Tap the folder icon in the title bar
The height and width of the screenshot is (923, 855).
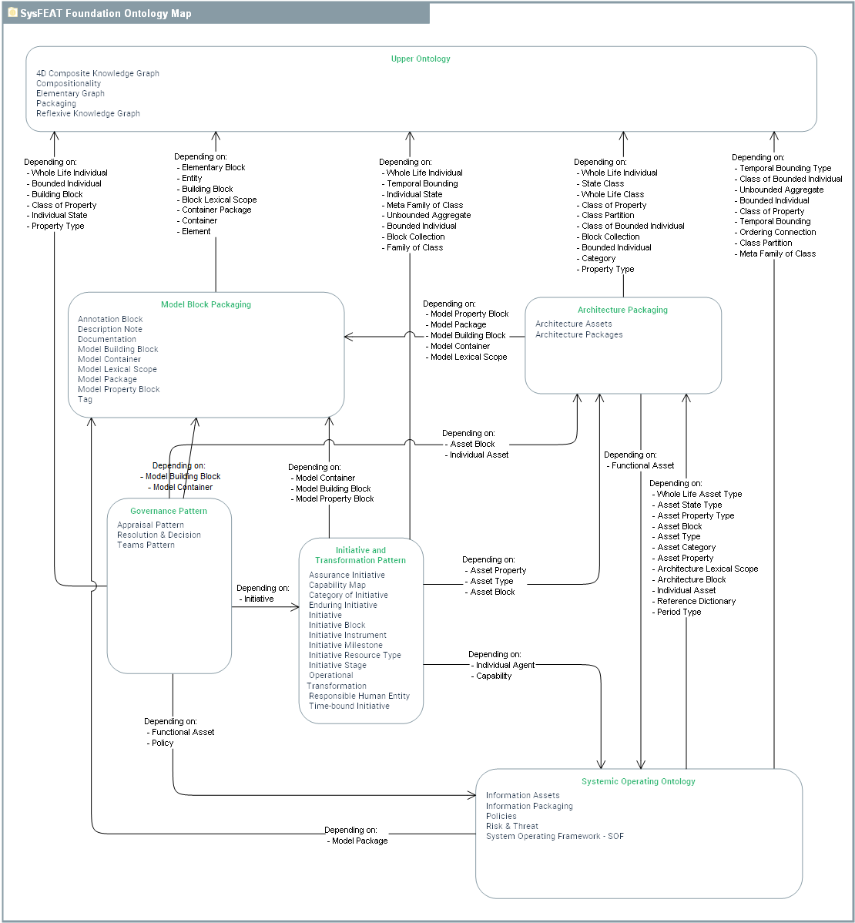[12, 12]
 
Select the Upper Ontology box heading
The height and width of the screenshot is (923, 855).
[421, 59]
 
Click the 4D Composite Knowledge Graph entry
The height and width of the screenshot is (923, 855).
[98, 74]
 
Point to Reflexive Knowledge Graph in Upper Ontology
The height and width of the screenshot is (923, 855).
[88, 113]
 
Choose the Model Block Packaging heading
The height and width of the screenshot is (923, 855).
[206, 304]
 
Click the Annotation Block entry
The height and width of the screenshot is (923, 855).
[110, 319]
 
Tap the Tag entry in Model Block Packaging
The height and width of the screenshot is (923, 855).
[85, 399]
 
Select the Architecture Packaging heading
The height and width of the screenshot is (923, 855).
[622, 310]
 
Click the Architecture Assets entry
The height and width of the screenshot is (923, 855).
[574, 324]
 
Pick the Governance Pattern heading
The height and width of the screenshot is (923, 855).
[169, 511]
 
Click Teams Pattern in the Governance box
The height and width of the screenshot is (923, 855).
[146, 545]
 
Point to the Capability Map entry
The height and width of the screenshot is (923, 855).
[337, 585]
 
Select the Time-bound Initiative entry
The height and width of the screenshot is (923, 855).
[349, 706]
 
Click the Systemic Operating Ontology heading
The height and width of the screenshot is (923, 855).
[638, 781]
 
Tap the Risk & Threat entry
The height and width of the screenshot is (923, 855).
[512, 826]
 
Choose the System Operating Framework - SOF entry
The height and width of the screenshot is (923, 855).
[555, 836]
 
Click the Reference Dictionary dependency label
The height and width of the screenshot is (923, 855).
[696, 601]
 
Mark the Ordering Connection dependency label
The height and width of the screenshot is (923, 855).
[777, 232]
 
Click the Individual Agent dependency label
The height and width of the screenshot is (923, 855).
[505, 665]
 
